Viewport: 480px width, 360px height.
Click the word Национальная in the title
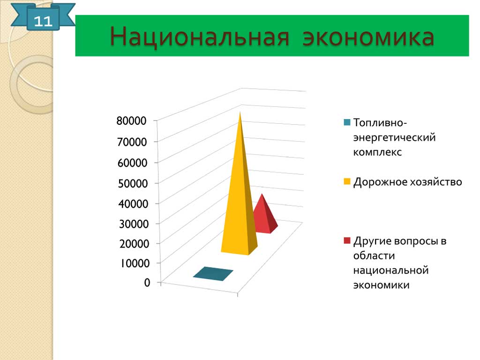(199, 37)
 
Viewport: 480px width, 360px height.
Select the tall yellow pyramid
(240, 184)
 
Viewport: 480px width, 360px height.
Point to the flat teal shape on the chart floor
(213, 274)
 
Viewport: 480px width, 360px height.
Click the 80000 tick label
(131, 120)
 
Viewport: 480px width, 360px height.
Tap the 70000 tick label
(132, 142)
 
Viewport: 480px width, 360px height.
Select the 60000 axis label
(132, 163)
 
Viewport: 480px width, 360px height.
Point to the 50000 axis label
(133, 183)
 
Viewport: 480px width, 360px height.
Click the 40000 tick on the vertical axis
(134, 203)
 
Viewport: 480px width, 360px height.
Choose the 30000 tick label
(134, 224)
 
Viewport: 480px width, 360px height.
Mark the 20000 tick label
(135, 244)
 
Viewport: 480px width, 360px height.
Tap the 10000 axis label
(135, 263)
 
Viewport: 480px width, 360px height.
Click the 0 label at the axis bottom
(147, 282)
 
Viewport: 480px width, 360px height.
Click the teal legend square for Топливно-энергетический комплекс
(347, 122)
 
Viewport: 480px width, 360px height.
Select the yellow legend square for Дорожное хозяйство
(347, 181)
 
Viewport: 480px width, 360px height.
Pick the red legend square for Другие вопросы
(347, 240)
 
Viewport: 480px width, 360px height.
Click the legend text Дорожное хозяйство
(407, 182)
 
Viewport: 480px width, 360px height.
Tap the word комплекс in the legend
(377, 152)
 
